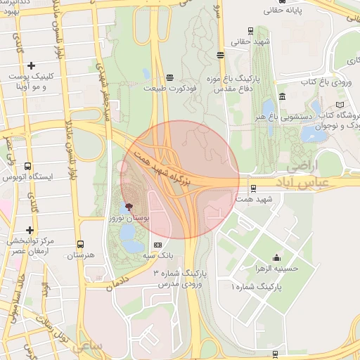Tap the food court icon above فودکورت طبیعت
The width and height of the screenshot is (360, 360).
[169, 77]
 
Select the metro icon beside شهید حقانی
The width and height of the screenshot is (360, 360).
[221, 54]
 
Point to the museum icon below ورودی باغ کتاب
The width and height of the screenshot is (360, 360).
[282, 96]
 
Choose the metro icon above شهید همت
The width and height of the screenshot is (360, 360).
[252, 188]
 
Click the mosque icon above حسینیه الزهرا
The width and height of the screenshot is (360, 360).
[276, 257]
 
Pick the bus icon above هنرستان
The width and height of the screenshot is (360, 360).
[82, 244]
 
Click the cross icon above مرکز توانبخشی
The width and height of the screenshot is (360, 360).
[30, 230]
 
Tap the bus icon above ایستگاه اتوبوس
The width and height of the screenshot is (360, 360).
[27, 167]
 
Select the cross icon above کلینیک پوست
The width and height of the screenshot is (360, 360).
[32, 65]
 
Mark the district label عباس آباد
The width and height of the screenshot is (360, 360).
[327, 179]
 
